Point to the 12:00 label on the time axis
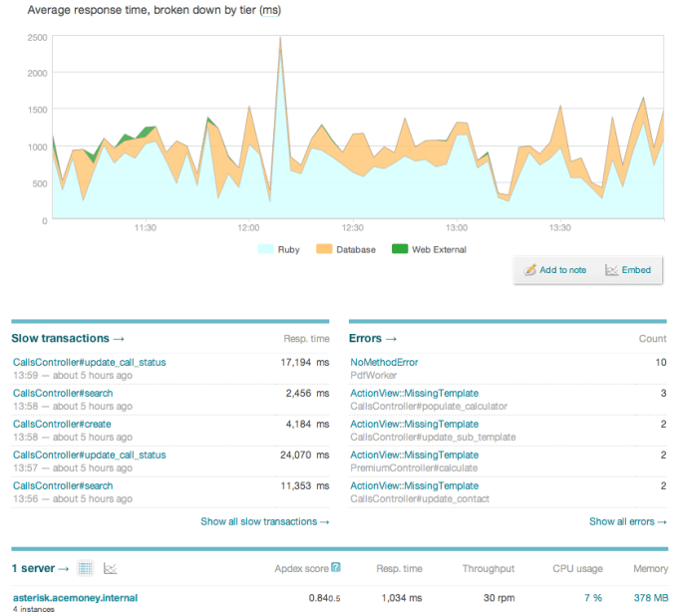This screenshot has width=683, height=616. click(248, 228)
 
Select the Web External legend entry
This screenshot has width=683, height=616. click(431, 249)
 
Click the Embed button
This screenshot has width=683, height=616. click(628, 270)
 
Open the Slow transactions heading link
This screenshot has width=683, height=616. click(69, 339)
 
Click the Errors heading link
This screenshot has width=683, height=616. click(373, 339)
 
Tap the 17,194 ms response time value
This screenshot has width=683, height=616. click(305, 363)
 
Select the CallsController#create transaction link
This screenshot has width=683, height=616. click(62, 425)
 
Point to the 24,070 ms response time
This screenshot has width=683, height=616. click(305, 456)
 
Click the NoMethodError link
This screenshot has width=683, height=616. click(384, 363)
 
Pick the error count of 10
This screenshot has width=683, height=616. click(660, 363)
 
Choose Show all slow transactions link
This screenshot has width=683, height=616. click(264, 521)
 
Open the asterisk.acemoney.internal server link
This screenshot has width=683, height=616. click(75, 597)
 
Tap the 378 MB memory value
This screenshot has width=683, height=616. click(650, 598)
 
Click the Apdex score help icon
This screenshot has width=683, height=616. click(336, 568)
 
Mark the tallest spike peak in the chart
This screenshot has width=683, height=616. click(280, 38)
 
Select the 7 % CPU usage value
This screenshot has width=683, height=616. click(592, 598)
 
